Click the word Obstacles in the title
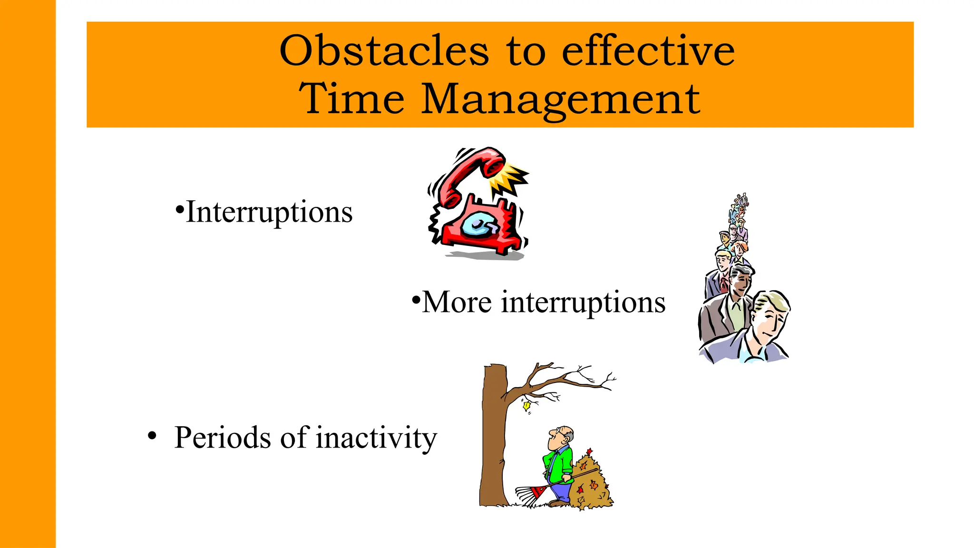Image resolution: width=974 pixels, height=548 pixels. [384, 51]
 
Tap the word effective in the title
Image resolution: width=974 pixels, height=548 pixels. [648, 51]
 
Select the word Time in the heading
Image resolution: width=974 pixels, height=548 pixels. [351, 98]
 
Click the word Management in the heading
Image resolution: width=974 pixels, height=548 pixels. [560, 98]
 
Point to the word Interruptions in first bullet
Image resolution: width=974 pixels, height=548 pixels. [269, 212]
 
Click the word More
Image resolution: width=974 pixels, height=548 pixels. [457, 302]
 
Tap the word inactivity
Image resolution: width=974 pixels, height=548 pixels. [376, 437]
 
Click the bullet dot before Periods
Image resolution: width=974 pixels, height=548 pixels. [152, 435]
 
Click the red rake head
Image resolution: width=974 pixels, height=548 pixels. [530, 495]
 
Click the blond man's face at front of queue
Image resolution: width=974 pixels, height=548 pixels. [769, 319]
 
